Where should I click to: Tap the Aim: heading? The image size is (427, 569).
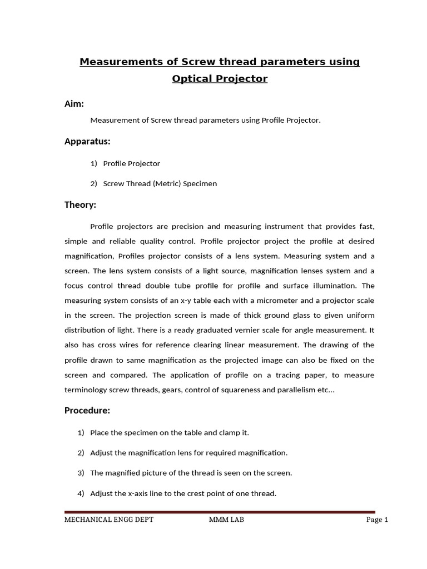coord(75,103)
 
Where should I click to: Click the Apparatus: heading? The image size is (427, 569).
coord(87,142)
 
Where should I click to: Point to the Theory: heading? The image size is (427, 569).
coord(80,205)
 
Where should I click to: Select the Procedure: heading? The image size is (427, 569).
coord(87,411)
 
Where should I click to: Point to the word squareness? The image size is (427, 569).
coord(236,390)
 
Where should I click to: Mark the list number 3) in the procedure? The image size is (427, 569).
coord(81,473)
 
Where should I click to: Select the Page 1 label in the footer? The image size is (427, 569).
coord(376,520)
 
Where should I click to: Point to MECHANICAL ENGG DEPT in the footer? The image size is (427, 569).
coord(109,520)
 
